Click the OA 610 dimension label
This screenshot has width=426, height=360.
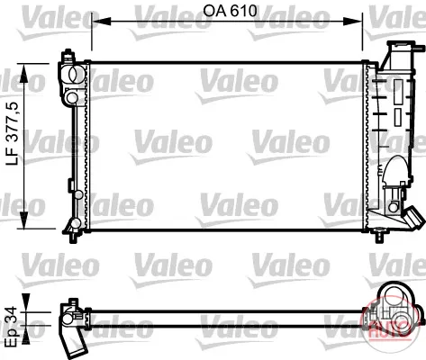coord(230,11)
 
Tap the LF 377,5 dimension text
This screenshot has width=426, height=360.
coord(13,134)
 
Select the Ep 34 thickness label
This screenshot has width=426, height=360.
coord(13,327)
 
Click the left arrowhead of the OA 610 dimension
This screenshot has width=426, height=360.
coord(101,22)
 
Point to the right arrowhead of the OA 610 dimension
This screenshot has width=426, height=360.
coord(353,22)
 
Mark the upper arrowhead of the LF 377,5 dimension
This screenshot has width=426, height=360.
coord(23,73)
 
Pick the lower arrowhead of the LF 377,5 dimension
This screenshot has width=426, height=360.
coord(23,220)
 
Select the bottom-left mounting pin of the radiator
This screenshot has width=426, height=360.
coord(73,238)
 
